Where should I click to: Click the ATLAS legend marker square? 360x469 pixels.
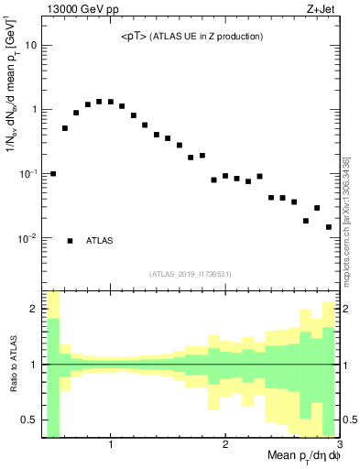click(x=70, y=241)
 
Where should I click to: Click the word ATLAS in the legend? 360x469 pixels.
click(x=100, y=241)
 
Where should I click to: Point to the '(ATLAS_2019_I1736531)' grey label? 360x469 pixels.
click(x=190, y=273)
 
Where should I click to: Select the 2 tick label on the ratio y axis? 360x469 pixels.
click(x=34, y=309)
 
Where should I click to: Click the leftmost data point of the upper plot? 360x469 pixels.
click(x=53, y=173)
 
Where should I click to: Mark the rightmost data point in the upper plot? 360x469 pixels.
click(x=328, y=227)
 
